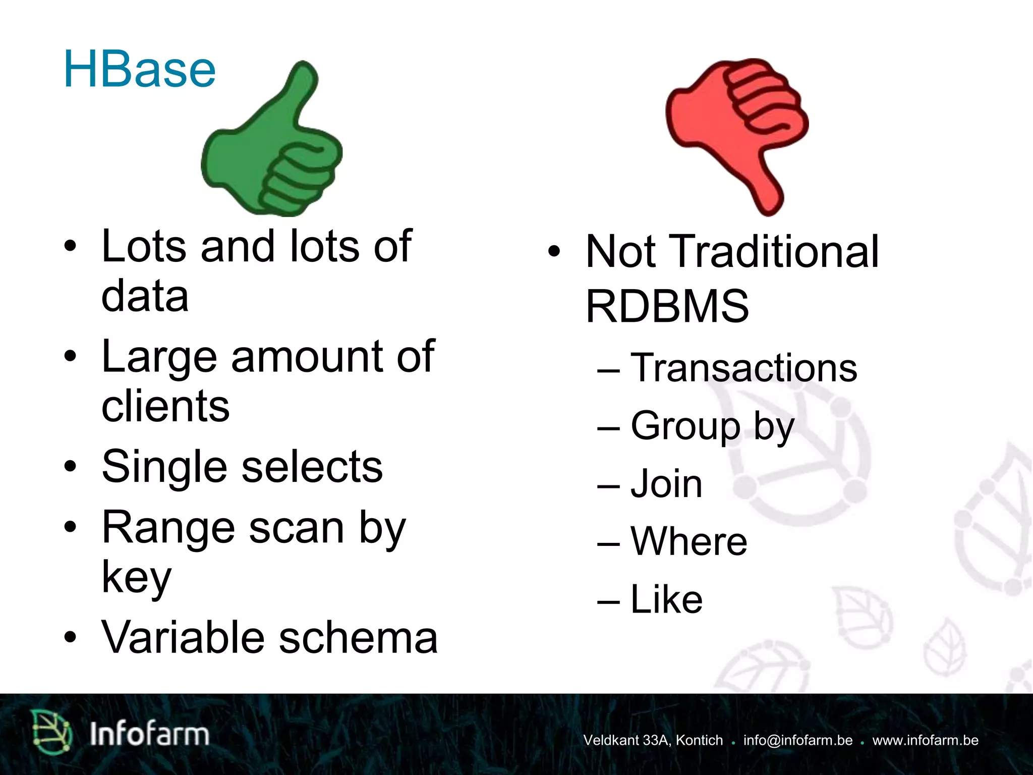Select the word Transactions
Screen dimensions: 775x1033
click(743, 368)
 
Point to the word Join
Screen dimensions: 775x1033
click(666, 484)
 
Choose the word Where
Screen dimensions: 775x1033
click(689, 541)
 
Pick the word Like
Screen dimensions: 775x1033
click(666, 599)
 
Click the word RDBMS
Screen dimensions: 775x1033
click(667, 306)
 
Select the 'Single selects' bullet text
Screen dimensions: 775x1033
click(242, 467)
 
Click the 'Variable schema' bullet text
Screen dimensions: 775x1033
click(269, 637)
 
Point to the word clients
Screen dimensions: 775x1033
click(165, 406)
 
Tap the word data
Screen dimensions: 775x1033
click(145, 296)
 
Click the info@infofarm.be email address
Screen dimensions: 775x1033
click(797, 740)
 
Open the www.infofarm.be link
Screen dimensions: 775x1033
click(925, 740)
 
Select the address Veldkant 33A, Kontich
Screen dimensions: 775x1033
click(653, 740)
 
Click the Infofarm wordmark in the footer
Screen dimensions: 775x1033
click(149, 734)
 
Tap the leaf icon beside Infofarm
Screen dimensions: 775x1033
click(51, 733)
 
